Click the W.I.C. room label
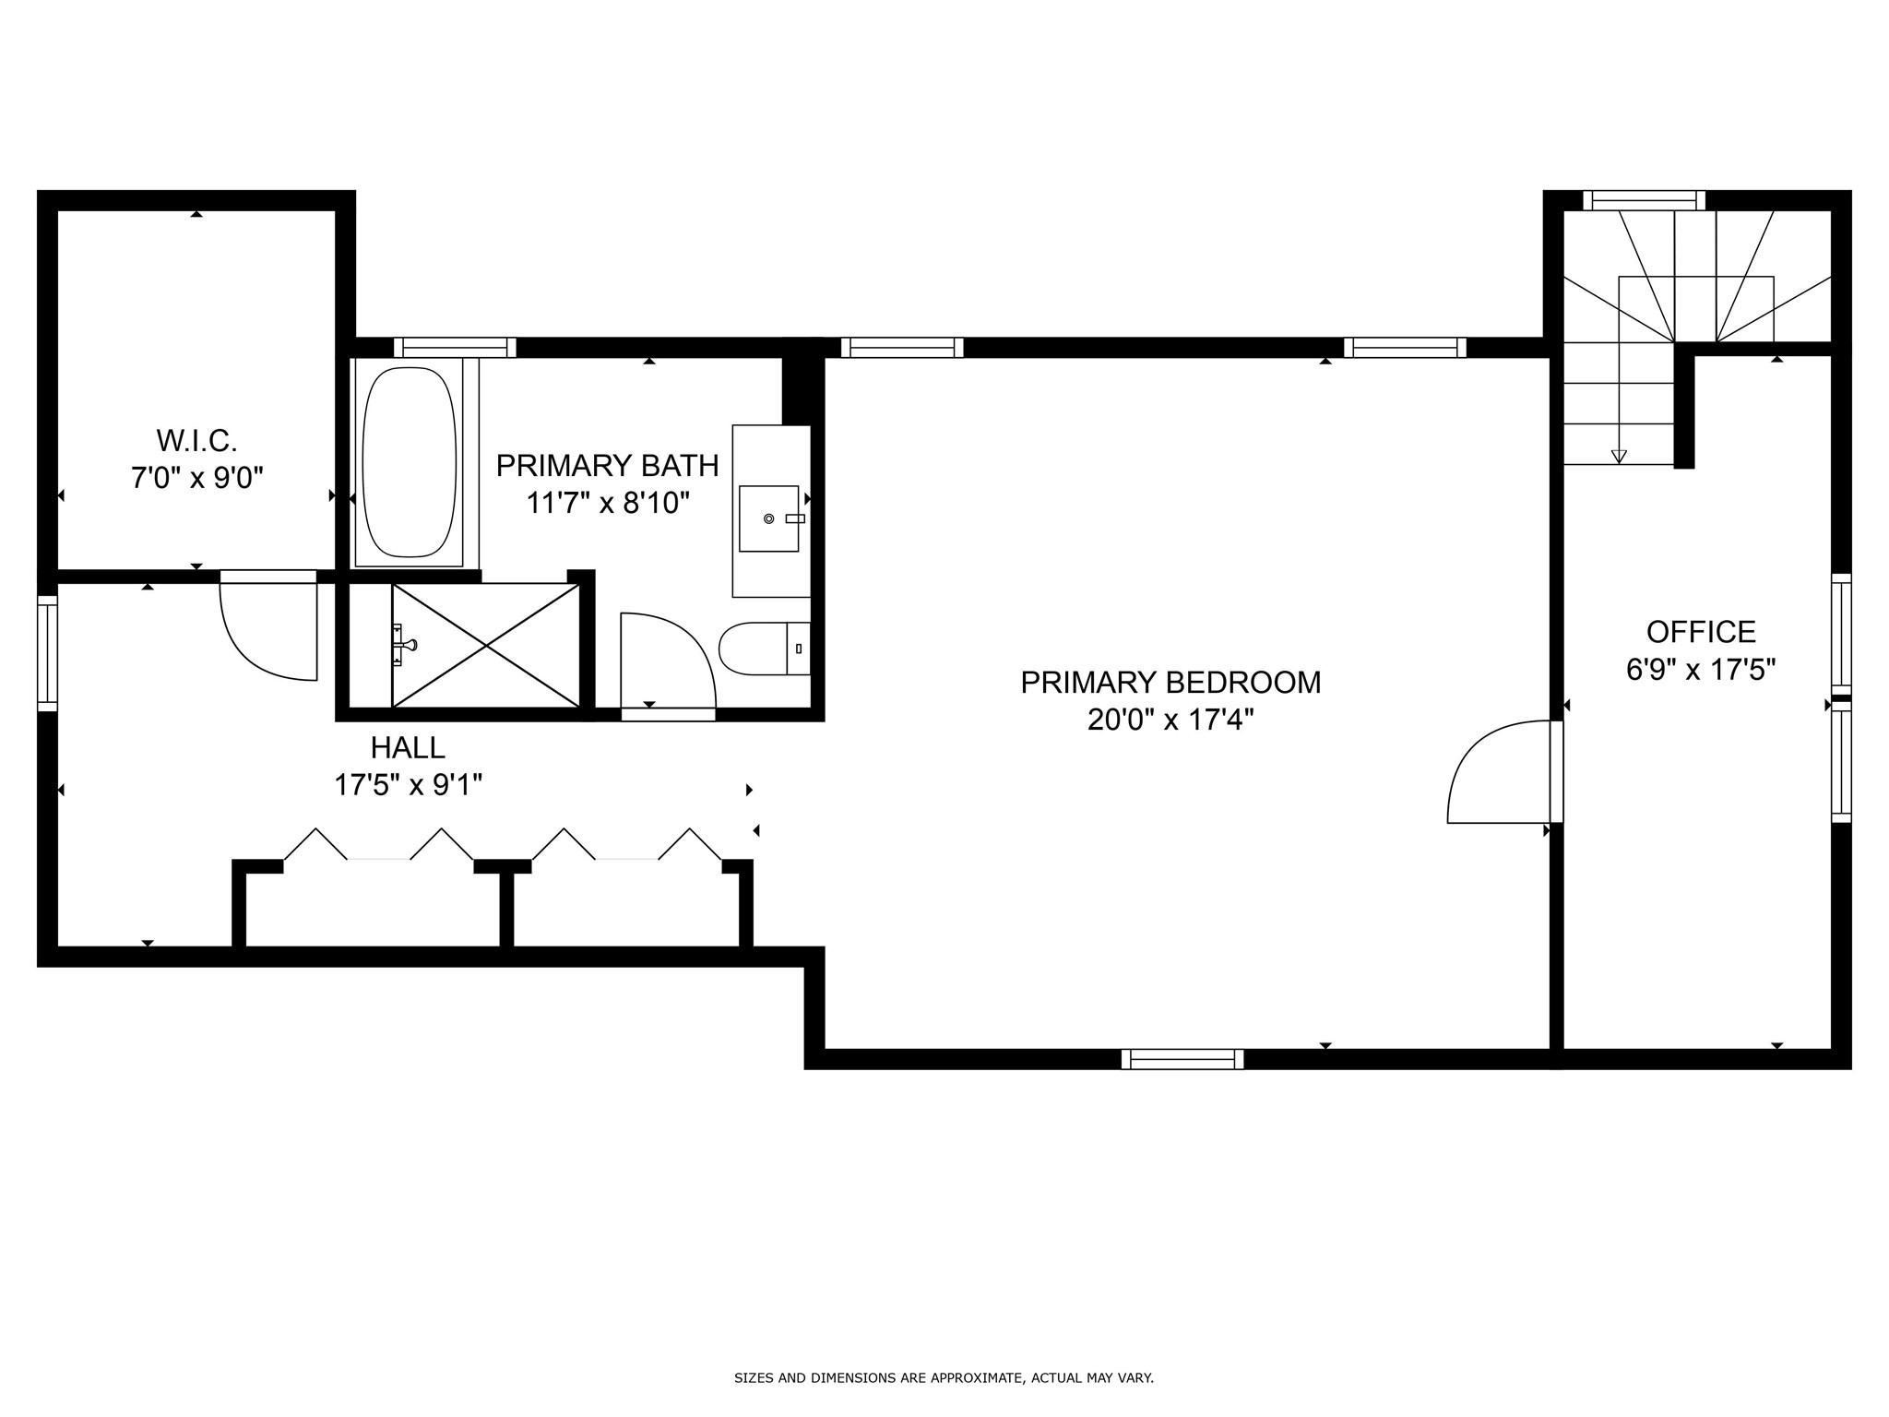196,441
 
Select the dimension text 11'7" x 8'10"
608,503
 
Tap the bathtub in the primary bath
410,462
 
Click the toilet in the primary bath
763,649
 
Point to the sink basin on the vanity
768,518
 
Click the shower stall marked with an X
486,646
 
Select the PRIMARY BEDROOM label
1170,683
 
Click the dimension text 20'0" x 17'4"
1170,720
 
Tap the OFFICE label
1701,632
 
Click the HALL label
408,747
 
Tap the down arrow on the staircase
1619,456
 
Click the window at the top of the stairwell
1644,200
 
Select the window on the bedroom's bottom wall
1182,1059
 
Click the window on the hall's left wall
47,653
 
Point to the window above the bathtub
455,348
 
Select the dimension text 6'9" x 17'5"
1701,670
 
